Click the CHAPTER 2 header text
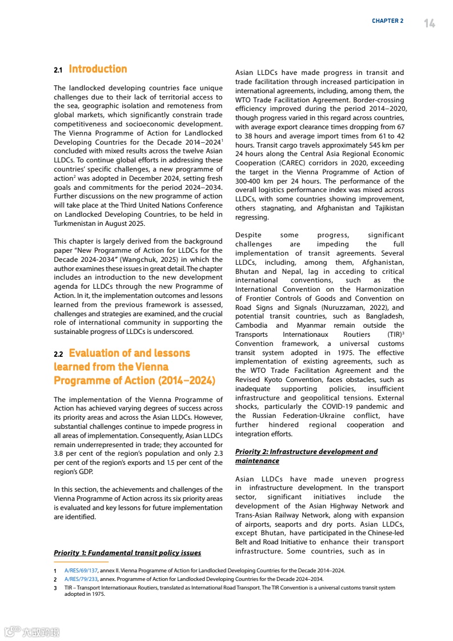(387, 21)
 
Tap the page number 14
(430, 23)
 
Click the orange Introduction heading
(98, 69)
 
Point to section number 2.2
(58, 354)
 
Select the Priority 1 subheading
(127, 553)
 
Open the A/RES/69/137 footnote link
(81, 571)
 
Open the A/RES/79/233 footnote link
(81, 579)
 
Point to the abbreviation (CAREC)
(296, 163)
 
